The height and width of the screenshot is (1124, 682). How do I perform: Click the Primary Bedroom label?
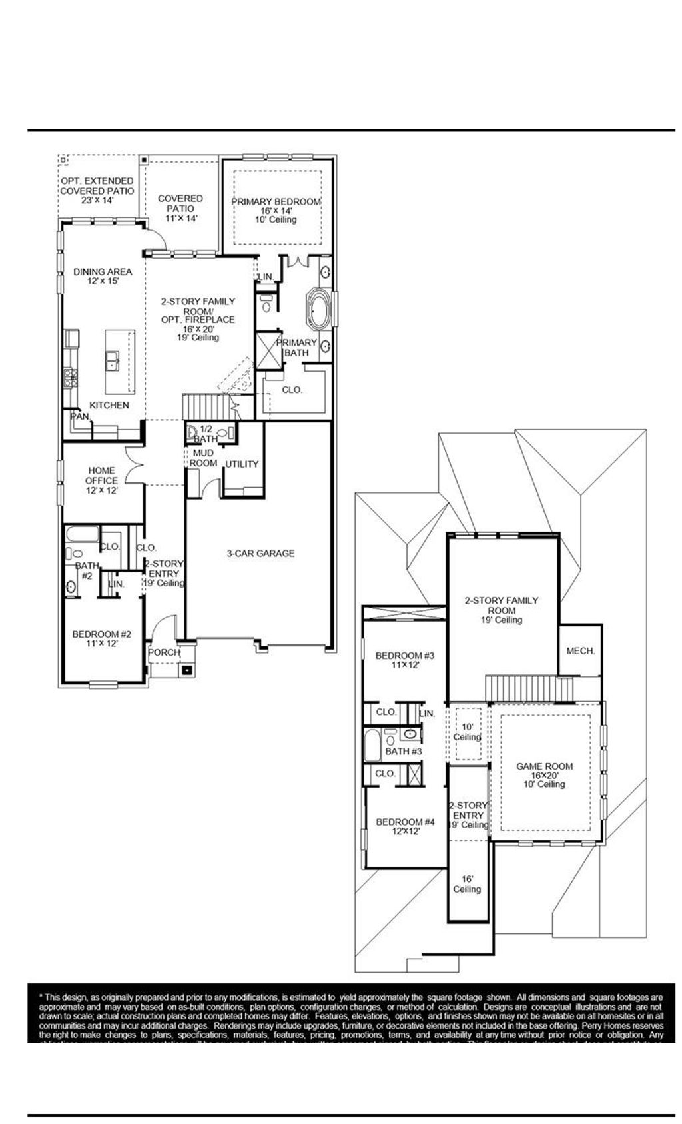(276, 202)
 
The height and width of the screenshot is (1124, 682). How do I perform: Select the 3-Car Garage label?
(260, 553)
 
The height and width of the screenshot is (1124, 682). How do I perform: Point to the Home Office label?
(101, 480)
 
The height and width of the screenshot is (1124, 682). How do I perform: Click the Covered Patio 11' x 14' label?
(180, 208)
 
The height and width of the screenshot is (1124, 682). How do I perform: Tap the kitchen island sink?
(112, 362)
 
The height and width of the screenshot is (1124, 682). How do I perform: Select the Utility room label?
(242, 464)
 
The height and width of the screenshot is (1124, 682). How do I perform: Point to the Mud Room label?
(204, 458)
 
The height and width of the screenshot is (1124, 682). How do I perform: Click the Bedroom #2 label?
(101, 638)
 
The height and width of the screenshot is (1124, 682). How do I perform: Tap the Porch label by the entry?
(164, 652)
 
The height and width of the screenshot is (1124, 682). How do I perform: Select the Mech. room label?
(580, 651)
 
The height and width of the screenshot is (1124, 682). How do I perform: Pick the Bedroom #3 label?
(404, 660)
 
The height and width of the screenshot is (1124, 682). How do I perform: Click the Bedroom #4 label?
(405, 826)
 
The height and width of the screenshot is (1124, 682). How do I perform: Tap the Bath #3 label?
(404, 751)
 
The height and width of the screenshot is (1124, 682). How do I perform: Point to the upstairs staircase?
(529, 688)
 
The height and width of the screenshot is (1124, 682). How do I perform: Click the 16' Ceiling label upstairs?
(467, 884)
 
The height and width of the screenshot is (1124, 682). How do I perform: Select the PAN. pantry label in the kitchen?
(80, 416)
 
